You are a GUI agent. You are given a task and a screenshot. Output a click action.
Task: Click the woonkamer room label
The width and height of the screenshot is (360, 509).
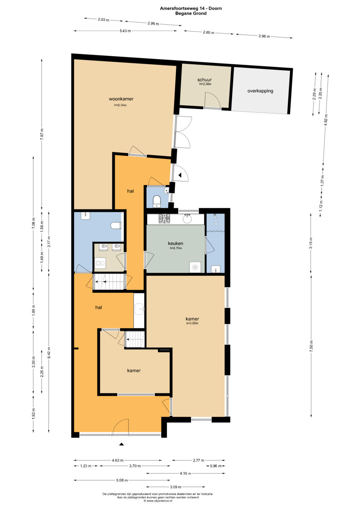pos(121,99)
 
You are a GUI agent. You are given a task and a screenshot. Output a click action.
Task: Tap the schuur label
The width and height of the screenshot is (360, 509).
pos(204,80)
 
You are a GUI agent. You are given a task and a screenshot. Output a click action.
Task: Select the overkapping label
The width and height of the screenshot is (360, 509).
pos(260,91)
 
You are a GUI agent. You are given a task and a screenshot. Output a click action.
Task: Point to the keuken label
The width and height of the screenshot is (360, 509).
pos(175,243)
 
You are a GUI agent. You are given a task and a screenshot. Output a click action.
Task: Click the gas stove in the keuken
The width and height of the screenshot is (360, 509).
pos(164,219)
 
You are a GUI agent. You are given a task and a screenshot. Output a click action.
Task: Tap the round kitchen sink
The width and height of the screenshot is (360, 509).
pos(187,219)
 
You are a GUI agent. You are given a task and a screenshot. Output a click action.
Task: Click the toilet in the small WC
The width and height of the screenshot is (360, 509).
pos(157,201)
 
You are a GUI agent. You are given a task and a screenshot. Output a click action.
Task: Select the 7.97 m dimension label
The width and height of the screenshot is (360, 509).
pos(42,135)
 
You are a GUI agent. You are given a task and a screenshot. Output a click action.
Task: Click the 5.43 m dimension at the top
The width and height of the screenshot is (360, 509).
pos(125,31)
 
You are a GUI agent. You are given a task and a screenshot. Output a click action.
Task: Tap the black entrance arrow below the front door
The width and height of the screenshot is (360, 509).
pos(121,444)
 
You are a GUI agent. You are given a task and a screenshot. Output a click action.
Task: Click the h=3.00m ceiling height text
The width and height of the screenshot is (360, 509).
pos(192,323)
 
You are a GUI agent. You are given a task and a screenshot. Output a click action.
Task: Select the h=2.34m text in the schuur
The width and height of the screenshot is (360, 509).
pos(205,84)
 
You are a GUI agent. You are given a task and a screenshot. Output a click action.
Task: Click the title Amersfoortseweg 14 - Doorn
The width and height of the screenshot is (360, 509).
pos(191,8)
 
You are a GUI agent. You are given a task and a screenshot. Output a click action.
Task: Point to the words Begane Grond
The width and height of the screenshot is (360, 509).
pos(191,13)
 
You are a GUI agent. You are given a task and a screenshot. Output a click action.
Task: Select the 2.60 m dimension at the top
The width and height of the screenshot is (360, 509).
pos(209,32)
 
